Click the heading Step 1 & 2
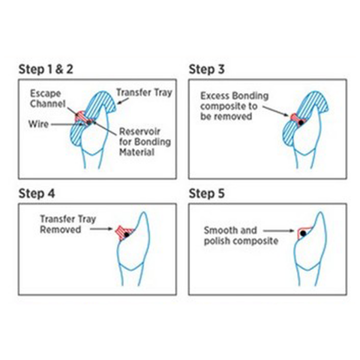pos(46,69)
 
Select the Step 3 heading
pos(206,69)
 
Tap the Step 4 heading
pos(37,193)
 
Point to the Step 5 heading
pos(206,193)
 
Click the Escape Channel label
pos(48,98)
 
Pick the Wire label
pos(38,124)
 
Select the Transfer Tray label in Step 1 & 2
pos(145,92)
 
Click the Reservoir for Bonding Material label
pos(145,142)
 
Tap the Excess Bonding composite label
pos(235,106)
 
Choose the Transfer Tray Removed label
pos(68,224)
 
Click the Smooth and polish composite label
pos(241,235)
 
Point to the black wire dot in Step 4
pos(127,235)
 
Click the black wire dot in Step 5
pos(303,233)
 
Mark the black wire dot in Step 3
pos(301,123)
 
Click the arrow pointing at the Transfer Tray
pos(123,101)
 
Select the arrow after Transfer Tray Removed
pos(101,229)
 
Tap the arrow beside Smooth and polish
pos(279,231)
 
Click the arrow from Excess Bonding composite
pos(275,111)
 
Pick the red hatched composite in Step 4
pos(123,232)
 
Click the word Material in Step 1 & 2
pos(136,152)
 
